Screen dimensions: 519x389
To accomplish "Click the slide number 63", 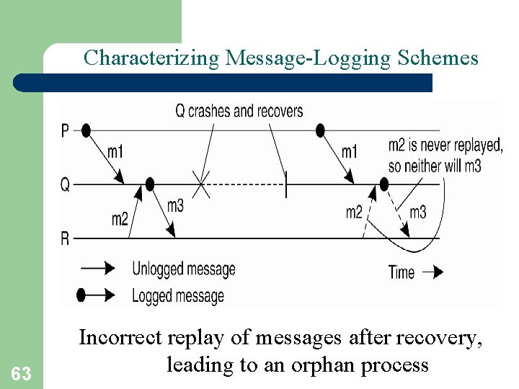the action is click(22, 374).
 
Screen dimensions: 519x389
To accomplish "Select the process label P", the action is click(66, 130).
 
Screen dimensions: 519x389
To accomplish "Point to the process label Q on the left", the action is click(65, 185).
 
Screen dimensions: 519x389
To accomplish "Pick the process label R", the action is click(66, 238).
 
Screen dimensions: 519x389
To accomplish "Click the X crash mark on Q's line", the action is click(202, 185).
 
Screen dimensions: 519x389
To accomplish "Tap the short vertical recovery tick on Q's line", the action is click(286, 184).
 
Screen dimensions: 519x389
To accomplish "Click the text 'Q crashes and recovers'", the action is click(239, 112).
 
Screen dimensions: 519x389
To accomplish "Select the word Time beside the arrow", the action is click(402, 272).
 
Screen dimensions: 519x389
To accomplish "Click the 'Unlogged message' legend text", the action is click(184, 269).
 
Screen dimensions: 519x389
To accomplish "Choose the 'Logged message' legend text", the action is click(178, 295).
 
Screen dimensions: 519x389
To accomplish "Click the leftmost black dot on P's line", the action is click(86, 130).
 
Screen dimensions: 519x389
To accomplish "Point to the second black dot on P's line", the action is click(321, 130).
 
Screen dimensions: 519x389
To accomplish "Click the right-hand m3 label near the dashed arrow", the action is click(418, 212).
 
